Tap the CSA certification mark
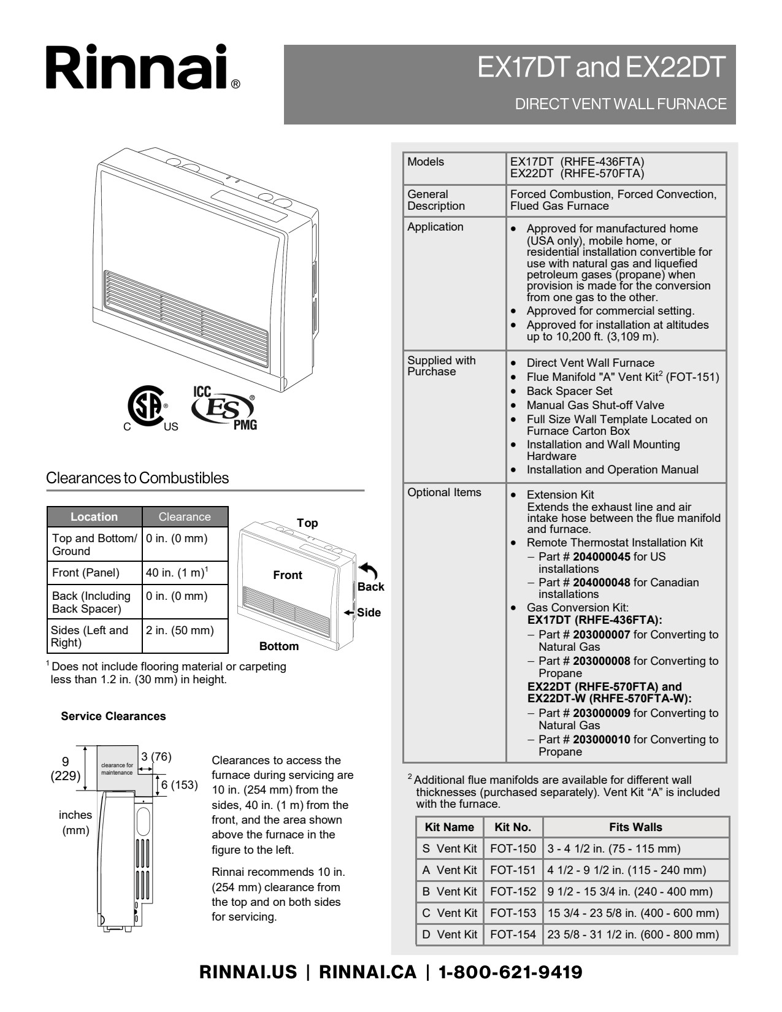tap(146, 407)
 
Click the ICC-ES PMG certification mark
tap(224, 408)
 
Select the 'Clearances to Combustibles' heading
tap(137, 478)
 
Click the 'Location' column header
tap(94, 517)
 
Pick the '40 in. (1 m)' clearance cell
tap(177, 573)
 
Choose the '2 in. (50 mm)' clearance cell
tap(180, 631)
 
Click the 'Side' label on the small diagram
tap(369, 613)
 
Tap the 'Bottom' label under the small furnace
tap(279, 646)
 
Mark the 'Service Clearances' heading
tap(113, 716)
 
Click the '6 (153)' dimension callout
tap(179, 785)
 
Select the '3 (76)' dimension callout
tap(156, 757)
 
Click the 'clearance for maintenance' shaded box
tap(117, 769)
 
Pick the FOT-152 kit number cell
tap(513, 892)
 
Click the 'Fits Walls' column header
tap(635, 827)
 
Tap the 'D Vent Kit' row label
tap(450, 935)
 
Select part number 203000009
tap(601, 713)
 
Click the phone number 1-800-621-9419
tap(510, 972)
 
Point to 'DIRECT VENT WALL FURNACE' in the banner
tap(620, 104)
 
